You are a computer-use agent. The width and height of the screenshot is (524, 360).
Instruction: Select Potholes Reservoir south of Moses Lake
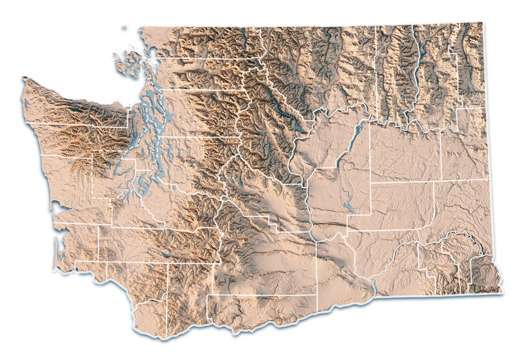pyautogui.click(x=348, y=205)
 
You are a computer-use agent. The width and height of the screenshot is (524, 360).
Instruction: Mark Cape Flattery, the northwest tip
pyautogui.click(x=23, y=79)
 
